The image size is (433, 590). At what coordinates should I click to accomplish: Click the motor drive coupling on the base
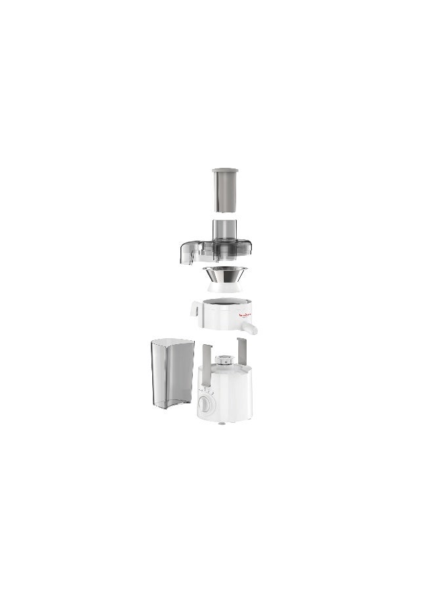tap(224, 359)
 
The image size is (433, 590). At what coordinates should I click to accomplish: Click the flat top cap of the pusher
tap(224, 171)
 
